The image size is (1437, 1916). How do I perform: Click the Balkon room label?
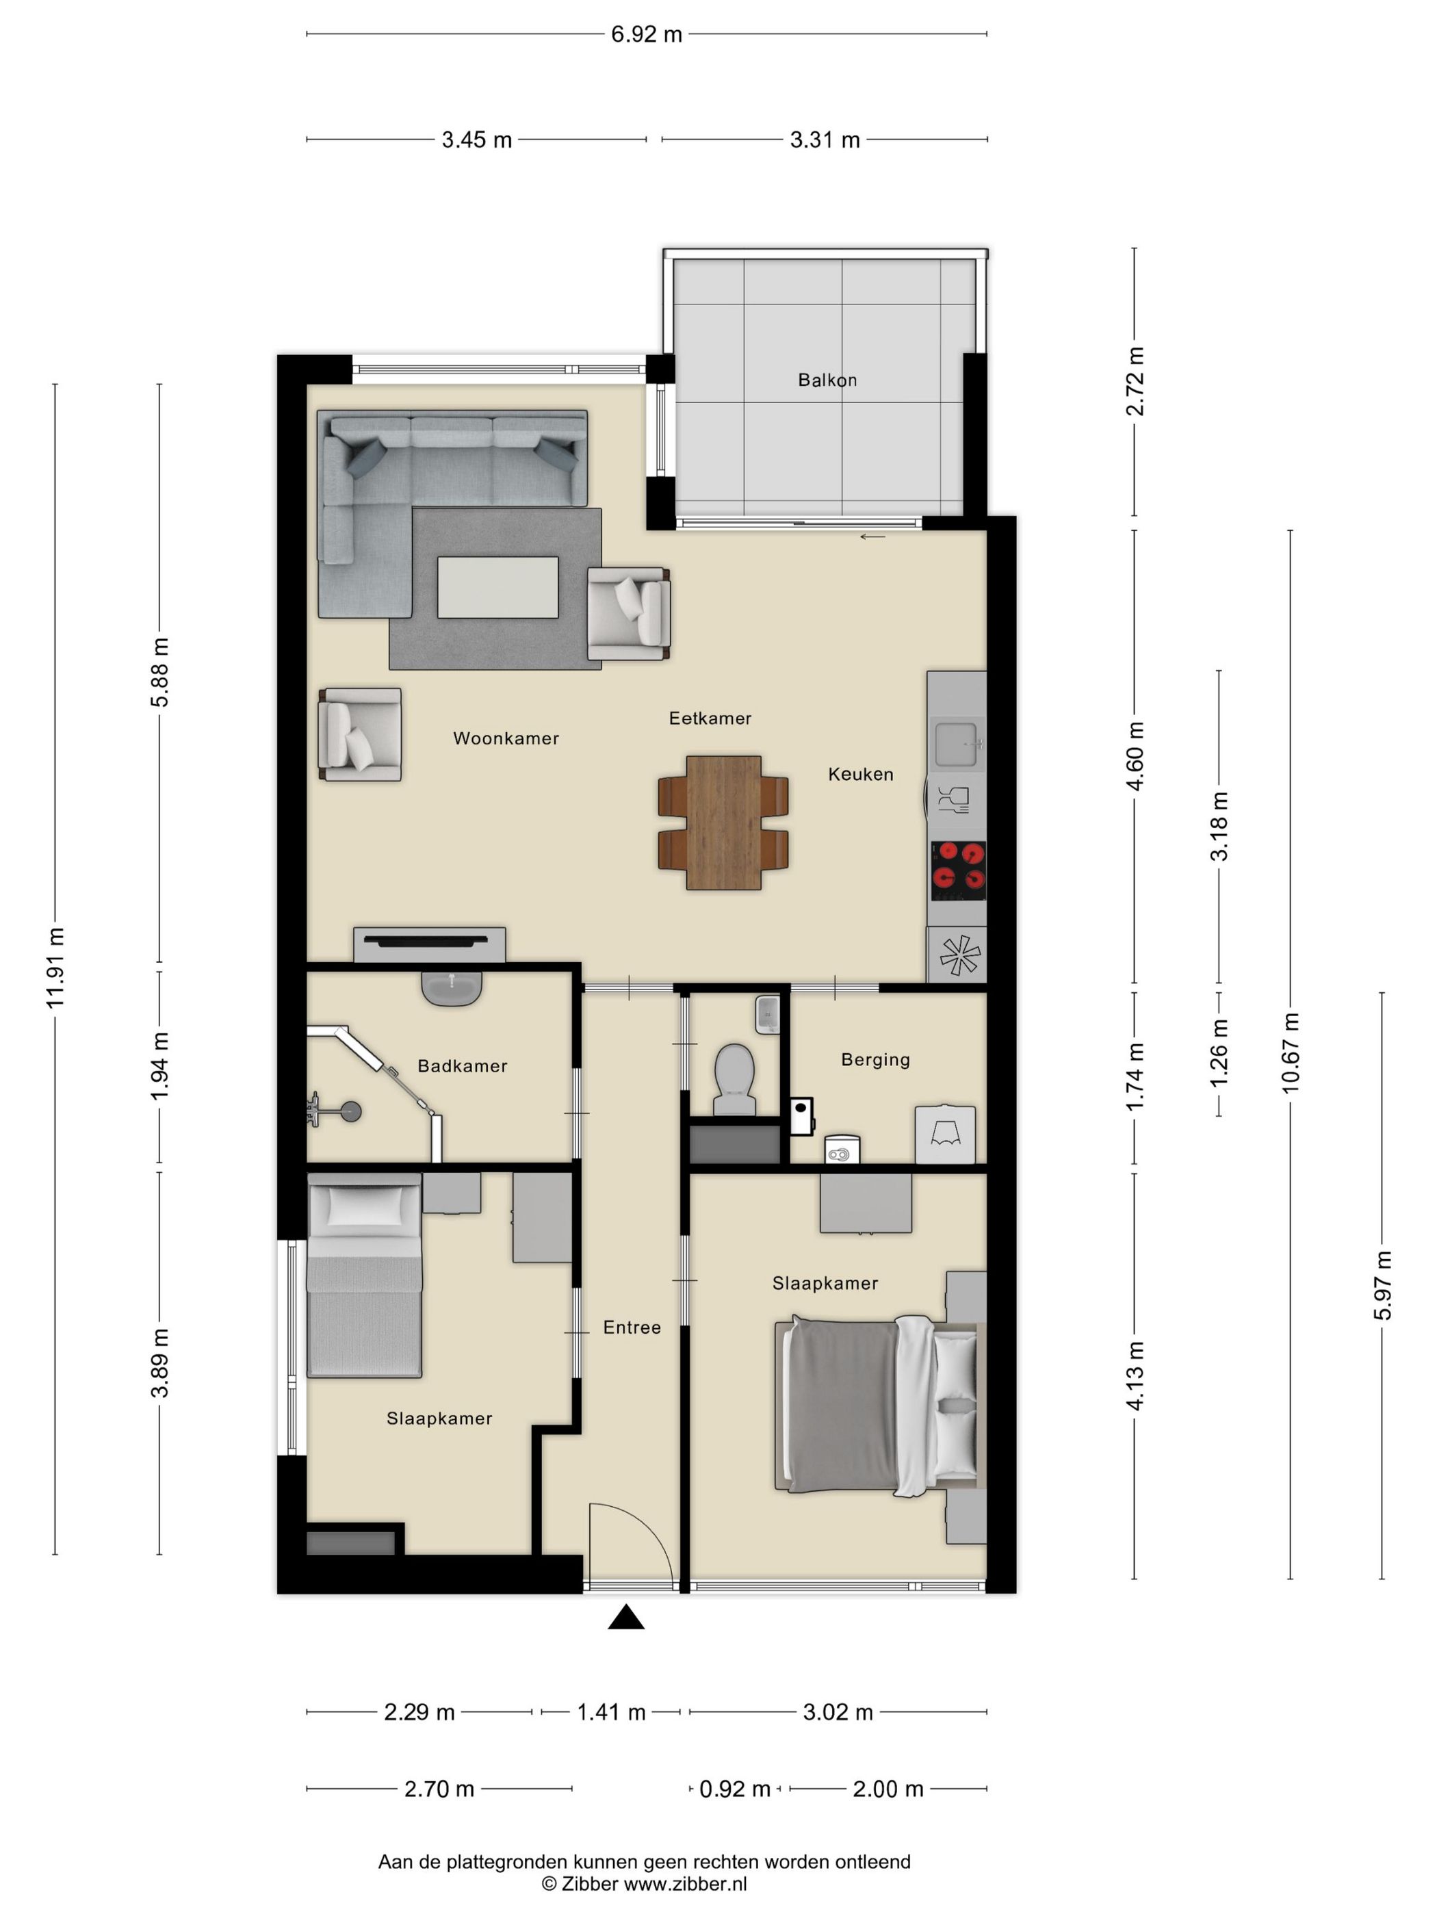point(827,379)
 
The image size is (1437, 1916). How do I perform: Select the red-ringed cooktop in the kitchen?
point(958,870)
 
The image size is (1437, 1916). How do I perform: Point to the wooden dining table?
point(723,823)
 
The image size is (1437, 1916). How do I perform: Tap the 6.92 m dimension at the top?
point(646,35)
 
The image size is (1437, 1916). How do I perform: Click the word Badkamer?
point(462,1065)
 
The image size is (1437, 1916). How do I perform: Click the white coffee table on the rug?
point(497,587)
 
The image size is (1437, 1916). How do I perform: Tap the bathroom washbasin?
point(451,987)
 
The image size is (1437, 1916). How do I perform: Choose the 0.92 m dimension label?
point(734,1789)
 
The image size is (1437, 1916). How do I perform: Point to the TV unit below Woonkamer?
point(430,944)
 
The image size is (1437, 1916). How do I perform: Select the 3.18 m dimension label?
point(1219,827)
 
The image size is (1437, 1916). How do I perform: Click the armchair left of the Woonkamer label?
point(359,734)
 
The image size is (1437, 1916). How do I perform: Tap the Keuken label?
point(860,775)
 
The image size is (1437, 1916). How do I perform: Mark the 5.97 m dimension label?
point(1382,1285)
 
